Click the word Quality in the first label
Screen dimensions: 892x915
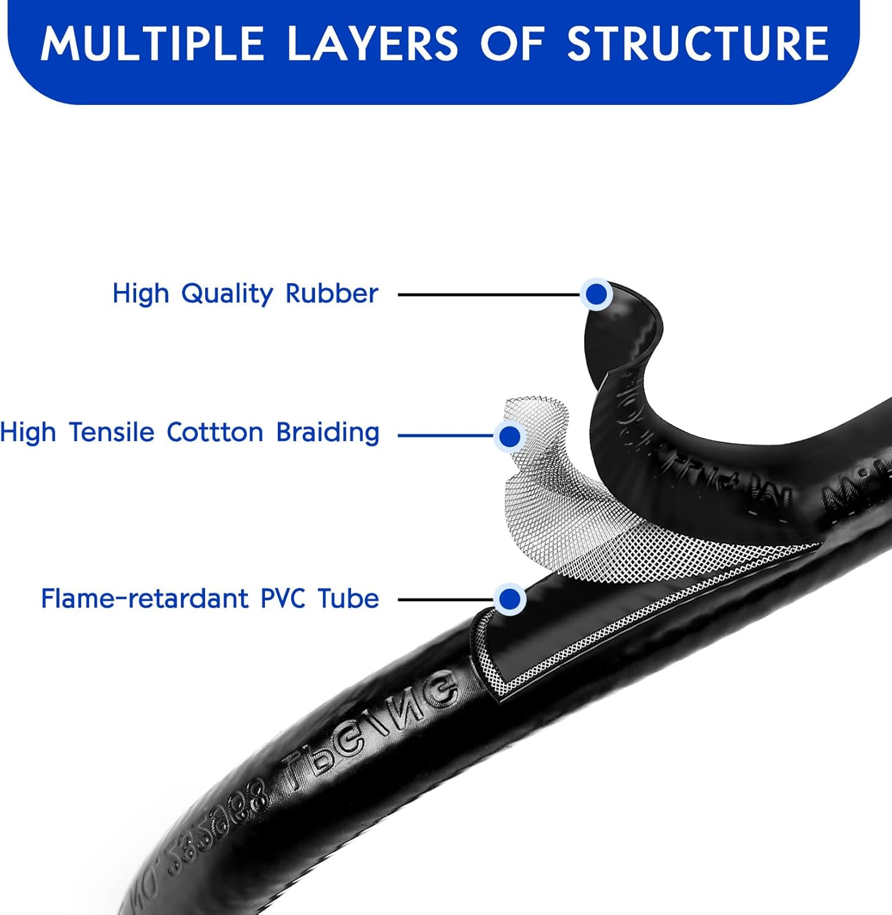click(228, 294)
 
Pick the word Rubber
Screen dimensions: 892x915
click(332, 293)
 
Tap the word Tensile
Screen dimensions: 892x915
click(112, 432)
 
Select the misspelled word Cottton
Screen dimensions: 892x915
click(216, 432)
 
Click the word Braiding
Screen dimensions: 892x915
click(328, 432)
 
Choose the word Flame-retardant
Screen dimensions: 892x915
click(145, 598)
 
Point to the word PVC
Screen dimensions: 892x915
click(283, 598)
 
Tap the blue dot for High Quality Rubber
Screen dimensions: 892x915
click(596, 295)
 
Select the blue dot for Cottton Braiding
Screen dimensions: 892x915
click(510, 436)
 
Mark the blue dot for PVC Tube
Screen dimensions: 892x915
click(510, 599)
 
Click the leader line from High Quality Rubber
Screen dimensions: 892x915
click(488, 295)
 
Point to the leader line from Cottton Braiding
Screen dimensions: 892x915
click(446, 436)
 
